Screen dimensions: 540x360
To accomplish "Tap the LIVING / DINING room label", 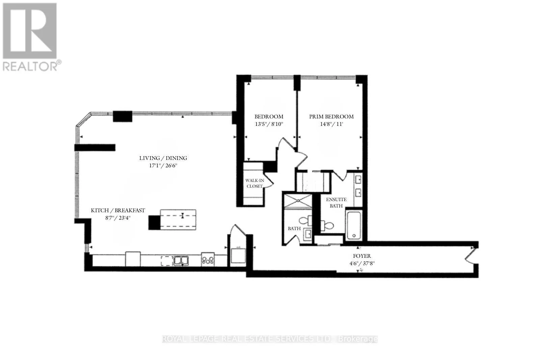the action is [x=163, y=158].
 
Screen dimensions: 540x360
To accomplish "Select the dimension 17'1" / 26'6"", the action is [x=163, y=166].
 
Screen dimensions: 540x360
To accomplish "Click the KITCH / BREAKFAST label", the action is [x=118, y=210].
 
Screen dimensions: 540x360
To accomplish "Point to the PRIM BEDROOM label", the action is [x=331, y=117].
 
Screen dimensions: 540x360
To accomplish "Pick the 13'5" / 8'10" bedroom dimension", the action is [x=269, y=124].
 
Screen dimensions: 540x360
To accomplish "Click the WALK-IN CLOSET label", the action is [x=254, y=183].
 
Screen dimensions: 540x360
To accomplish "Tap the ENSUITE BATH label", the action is [x=336, y=203].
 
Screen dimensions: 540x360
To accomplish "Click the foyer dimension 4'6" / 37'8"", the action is [x=362, y=264].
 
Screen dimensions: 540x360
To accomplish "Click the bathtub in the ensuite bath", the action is [x=354, y=225].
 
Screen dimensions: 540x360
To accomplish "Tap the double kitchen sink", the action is [x=181, y=260].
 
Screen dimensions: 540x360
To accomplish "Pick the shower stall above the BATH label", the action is [x=298, y=200].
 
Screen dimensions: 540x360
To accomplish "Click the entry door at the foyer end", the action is [x=471, y=256].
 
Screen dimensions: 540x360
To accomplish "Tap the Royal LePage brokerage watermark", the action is [x=270, y=339].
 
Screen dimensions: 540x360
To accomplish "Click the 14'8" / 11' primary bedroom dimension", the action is [x=331, y=124].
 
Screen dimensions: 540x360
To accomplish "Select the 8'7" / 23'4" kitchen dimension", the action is [x=118, y=218].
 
